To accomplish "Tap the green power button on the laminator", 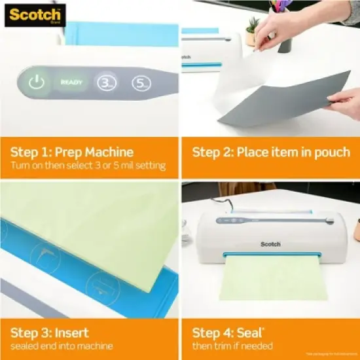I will click(x=37, y=82).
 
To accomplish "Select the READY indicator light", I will click(x=71, y=82).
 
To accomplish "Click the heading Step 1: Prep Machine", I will click(x=71, y=152).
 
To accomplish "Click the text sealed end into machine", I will click(x=61, y=346).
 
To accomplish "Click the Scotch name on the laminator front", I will click(x=270, y=244).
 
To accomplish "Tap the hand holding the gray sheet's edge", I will click(x=346, y=102).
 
